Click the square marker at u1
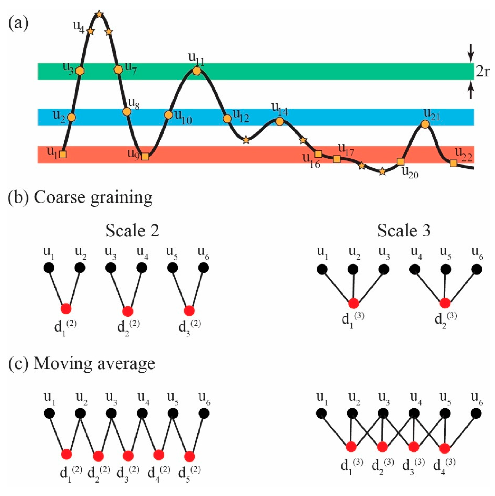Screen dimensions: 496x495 click(63, 154)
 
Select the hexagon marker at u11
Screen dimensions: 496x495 click(197, 71)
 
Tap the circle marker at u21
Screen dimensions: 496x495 click(425, 124)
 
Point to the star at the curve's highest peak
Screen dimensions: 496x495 click(99, 14)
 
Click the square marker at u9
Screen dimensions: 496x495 click(145, 156)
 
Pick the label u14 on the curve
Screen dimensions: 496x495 click(280, 111)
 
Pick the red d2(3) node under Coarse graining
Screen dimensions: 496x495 click(445, 303)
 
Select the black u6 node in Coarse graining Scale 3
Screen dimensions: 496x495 click(476, 269)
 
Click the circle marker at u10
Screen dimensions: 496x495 click(168, 115)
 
